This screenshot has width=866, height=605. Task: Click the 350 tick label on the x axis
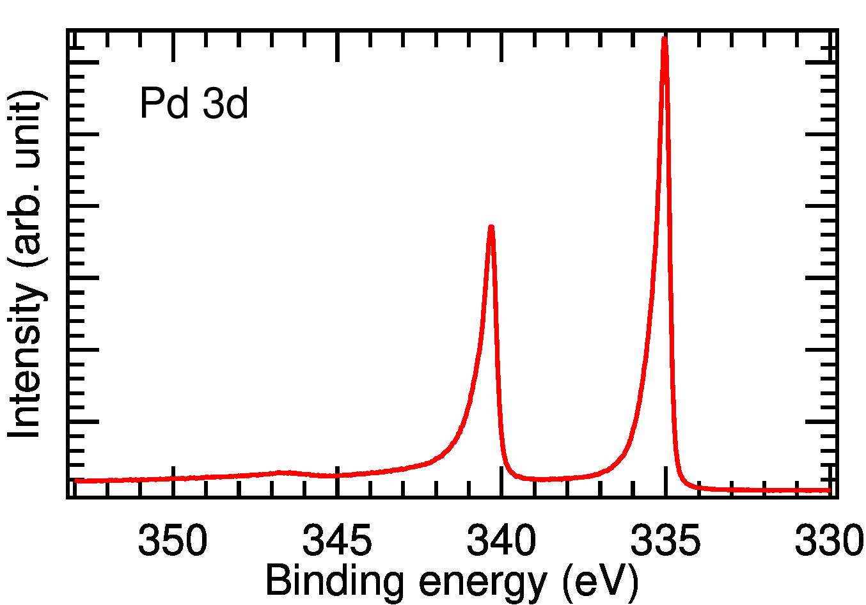pyautogui.click(x=173, y=541)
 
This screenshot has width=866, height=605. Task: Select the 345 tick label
pyautogui.click(x=337, y=541)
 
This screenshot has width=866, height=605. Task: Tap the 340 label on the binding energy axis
pyautogui.click(x=501, y=541)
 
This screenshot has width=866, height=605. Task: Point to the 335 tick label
pyautogui.click(x=665, y=541)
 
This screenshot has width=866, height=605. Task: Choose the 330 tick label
pyautogui.click(x=829, y=541)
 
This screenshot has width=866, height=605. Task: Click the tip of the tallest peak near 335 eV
pyautogui.click(x=665, y=40)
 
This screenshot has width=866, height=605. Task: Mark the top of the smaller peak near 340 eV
pyautogui.click(x=491, y=227)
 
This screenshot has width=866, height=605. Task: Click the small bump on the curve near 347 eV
pyautogui.click(x=281, y=473)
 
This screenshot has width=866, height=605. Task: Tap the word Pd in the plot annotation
pyautogui.click(x=164, y=104)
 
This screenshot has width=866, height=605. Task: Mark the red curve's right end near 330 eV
pyautogui.click(x=830, y=491)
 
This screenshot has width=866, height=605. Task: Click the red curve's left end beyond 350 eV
pyautogui.click(x=75, y=480)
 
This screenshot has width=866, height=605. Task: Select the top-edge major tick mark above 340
pyautogui.click(x=501, y=43)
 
